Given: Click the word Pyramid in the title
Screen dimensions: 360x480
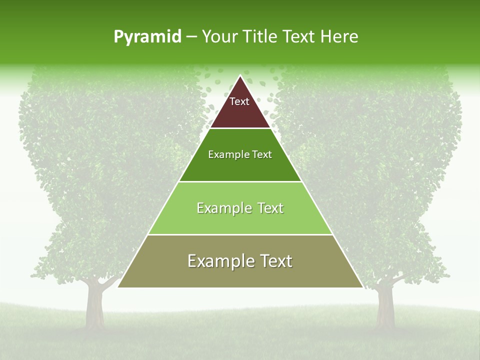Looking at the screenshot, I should tap(147, 37).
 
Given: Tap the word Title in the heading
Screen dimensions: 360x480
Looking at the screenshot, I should tap(261, 36).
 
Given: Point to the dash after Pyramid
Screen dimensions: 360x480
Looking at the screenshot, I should tap(191, 37).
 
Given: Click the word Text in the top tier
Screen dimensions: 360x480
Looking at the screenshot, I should tap(239, 101).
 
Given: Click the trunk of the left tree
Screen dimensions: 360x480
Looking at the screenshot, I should tap(94, 305).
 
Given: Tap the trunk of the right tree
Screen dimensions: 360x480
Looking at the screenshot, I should tap(384, 305).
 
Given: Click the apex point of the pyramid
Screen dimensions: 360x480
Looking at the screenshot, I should tap(240, 76).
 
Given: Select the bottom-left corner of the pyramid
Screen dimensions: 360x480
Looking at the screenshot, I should tap(118, 287).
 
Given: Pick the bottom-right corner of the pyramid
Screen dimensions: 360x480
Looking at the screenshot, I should tap(362, 287).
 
